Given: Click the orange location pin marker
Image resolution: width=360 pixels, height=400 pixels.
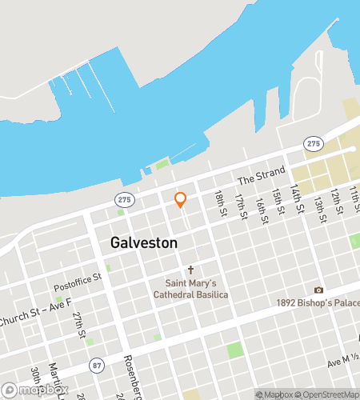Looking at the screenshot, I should (x=181, y=200).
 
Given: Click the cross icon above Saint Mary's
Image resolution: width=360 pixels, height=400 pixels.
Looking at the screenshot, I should (x=190, y=270).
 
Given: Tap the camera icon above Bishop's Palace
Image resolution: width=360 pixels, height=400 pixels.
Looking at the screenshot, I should (x=318, y=290).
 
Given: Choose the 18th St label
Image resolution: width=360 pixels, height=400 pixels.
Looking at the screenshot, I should (x=220, y=198).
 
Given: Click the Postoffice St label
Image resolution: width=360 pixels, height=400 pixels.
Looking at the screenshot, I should (x=77, y=282).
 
